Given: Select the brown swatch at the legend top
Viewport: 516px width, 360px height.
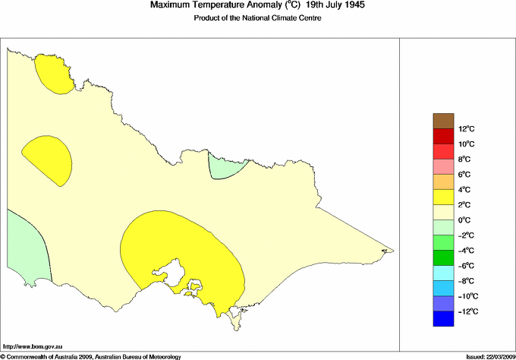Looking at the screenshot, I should [443, 121].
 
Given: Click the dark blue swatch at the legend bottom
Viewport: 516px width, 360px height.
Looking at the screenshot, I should [443, 319].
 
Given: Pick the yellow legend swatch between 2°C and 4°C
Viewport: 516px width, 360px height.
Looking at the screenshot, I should [443, 197].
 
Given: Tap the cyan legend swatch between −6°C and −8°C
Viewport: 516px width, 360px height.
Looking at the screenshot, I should [443, 273].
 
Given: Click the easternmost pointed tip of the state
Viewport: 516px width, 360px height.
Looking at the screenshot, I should [391, 250].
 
